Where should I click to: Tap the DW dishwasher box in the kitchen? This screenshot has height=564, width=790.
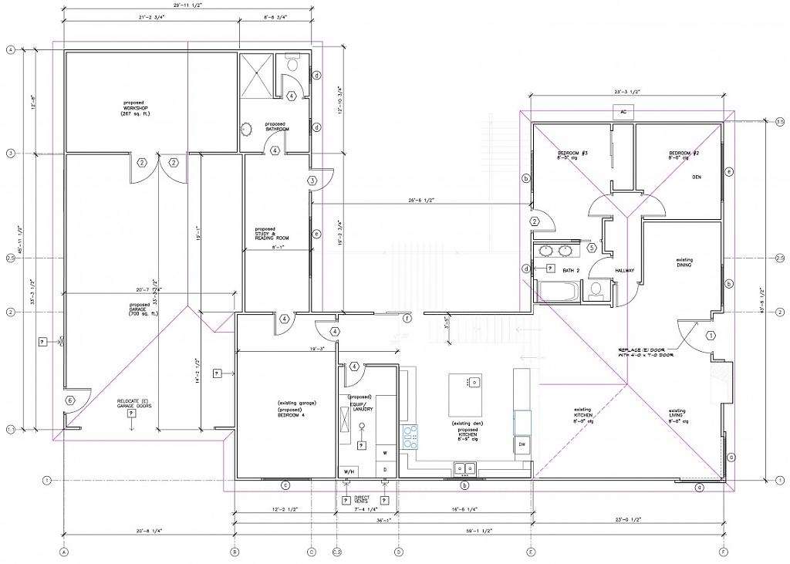click(522, 444)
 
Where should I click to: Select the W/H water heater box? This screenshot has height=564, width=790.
click(347, 471)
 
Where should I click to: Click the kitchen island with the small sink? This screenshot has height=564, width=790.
click(465, 394)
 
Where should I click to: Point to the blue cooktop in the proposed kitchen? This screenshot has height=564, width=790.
click(410, 437)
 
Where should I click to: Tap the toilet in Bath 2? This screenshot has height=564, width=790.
click(596, 291)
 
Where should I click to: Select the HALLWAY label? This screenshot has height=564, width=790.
click(624, 271)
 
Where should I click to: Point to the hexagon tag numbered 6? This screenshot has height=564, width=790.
click(69, 400)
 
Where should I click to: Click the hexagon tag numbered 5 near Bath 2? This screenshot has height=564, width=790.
click(592, 248)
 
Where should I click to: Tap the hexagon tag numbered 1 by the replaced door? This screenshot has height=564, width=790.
click(711, 335)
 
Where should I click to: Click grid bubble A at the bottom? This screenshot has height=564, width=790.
click(64, 552)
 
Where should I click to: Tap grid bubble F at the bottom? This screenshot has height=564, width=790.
click(723, 552)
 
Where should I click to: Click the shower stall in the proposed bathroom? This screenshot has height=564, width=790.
click(256, 76)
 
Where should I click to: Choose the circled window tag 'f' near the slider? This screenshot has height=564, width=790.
click(407, 318)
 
